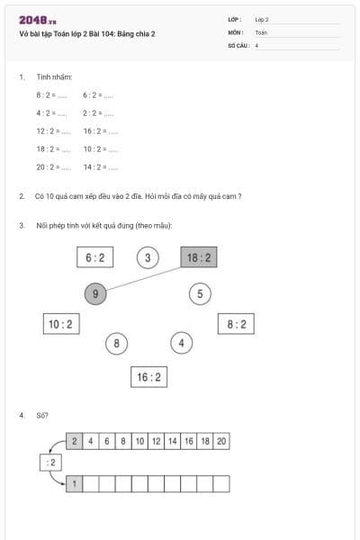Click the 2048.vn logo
pyautogui.click(x=38, y=20)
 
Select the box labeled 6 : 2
pyautogui.click(x=94, y=257)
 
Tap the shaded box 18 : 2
pyautogui.click(x=199, y=257)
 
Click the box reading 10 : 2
pyautogui.click(x=60, y=324)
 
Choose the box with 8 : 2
pyautogui.click(x=236, y=324)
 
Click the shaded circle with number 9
pyautogui.click(x=95, y=292)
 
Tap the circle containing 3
pyautogui.click(x=148, y=258)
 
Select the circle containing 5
pyautogui.click(x=201, y=292)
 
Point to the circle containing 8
pyautogui.click(x=115, y=343)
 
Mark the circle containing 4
pyautogui.click(x=182, y=343)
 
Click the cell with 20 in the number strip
pyautogui.click(x=221, y=441)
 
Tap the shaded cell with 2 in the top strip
pyautogui.click(x=75, y=441)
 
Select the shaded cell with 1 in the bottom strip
pyautogui.click(x=75, y=484)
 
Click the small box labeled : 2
pyautogui.click(x=51, y=463)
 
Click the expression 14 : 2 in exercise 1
pyautogui.click(x=94, y=166)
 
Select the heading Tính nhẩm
pyautogui.click(x=49, y=77)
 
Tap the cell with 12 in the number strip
pyautogui.click(x=157, y=441)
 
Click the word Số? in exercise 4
pyautogui.click(x=41, y=416)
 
